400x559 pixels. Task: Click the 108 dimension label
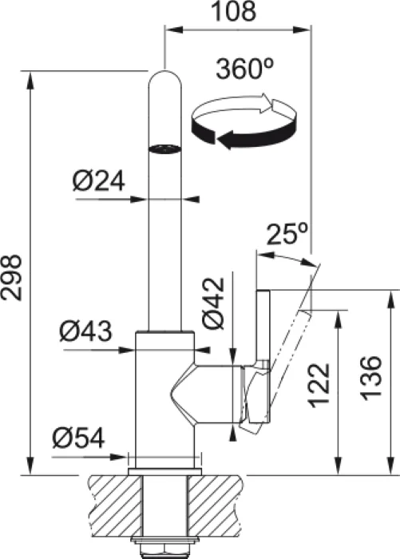(x=234, y=11)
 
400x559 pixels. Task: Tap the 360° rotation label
(x=244, y=69)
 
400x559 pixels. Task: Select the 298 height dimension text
(x=11, y=277)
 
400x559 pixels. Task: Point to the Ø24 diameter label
(x=98, y=180)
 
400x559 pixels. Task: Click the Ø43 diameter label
(x=85, y=331)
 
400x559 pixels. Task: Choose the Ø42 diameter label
(x=213, y=303)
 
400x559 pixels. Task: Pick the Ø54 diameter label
(x=78, y=437)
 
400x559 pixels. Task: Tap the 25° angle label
(x=287, y=234)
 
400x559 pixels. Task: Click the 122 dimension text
(x=319, y=386)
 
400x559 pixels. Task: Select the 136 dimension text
(x=370, y=378)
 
